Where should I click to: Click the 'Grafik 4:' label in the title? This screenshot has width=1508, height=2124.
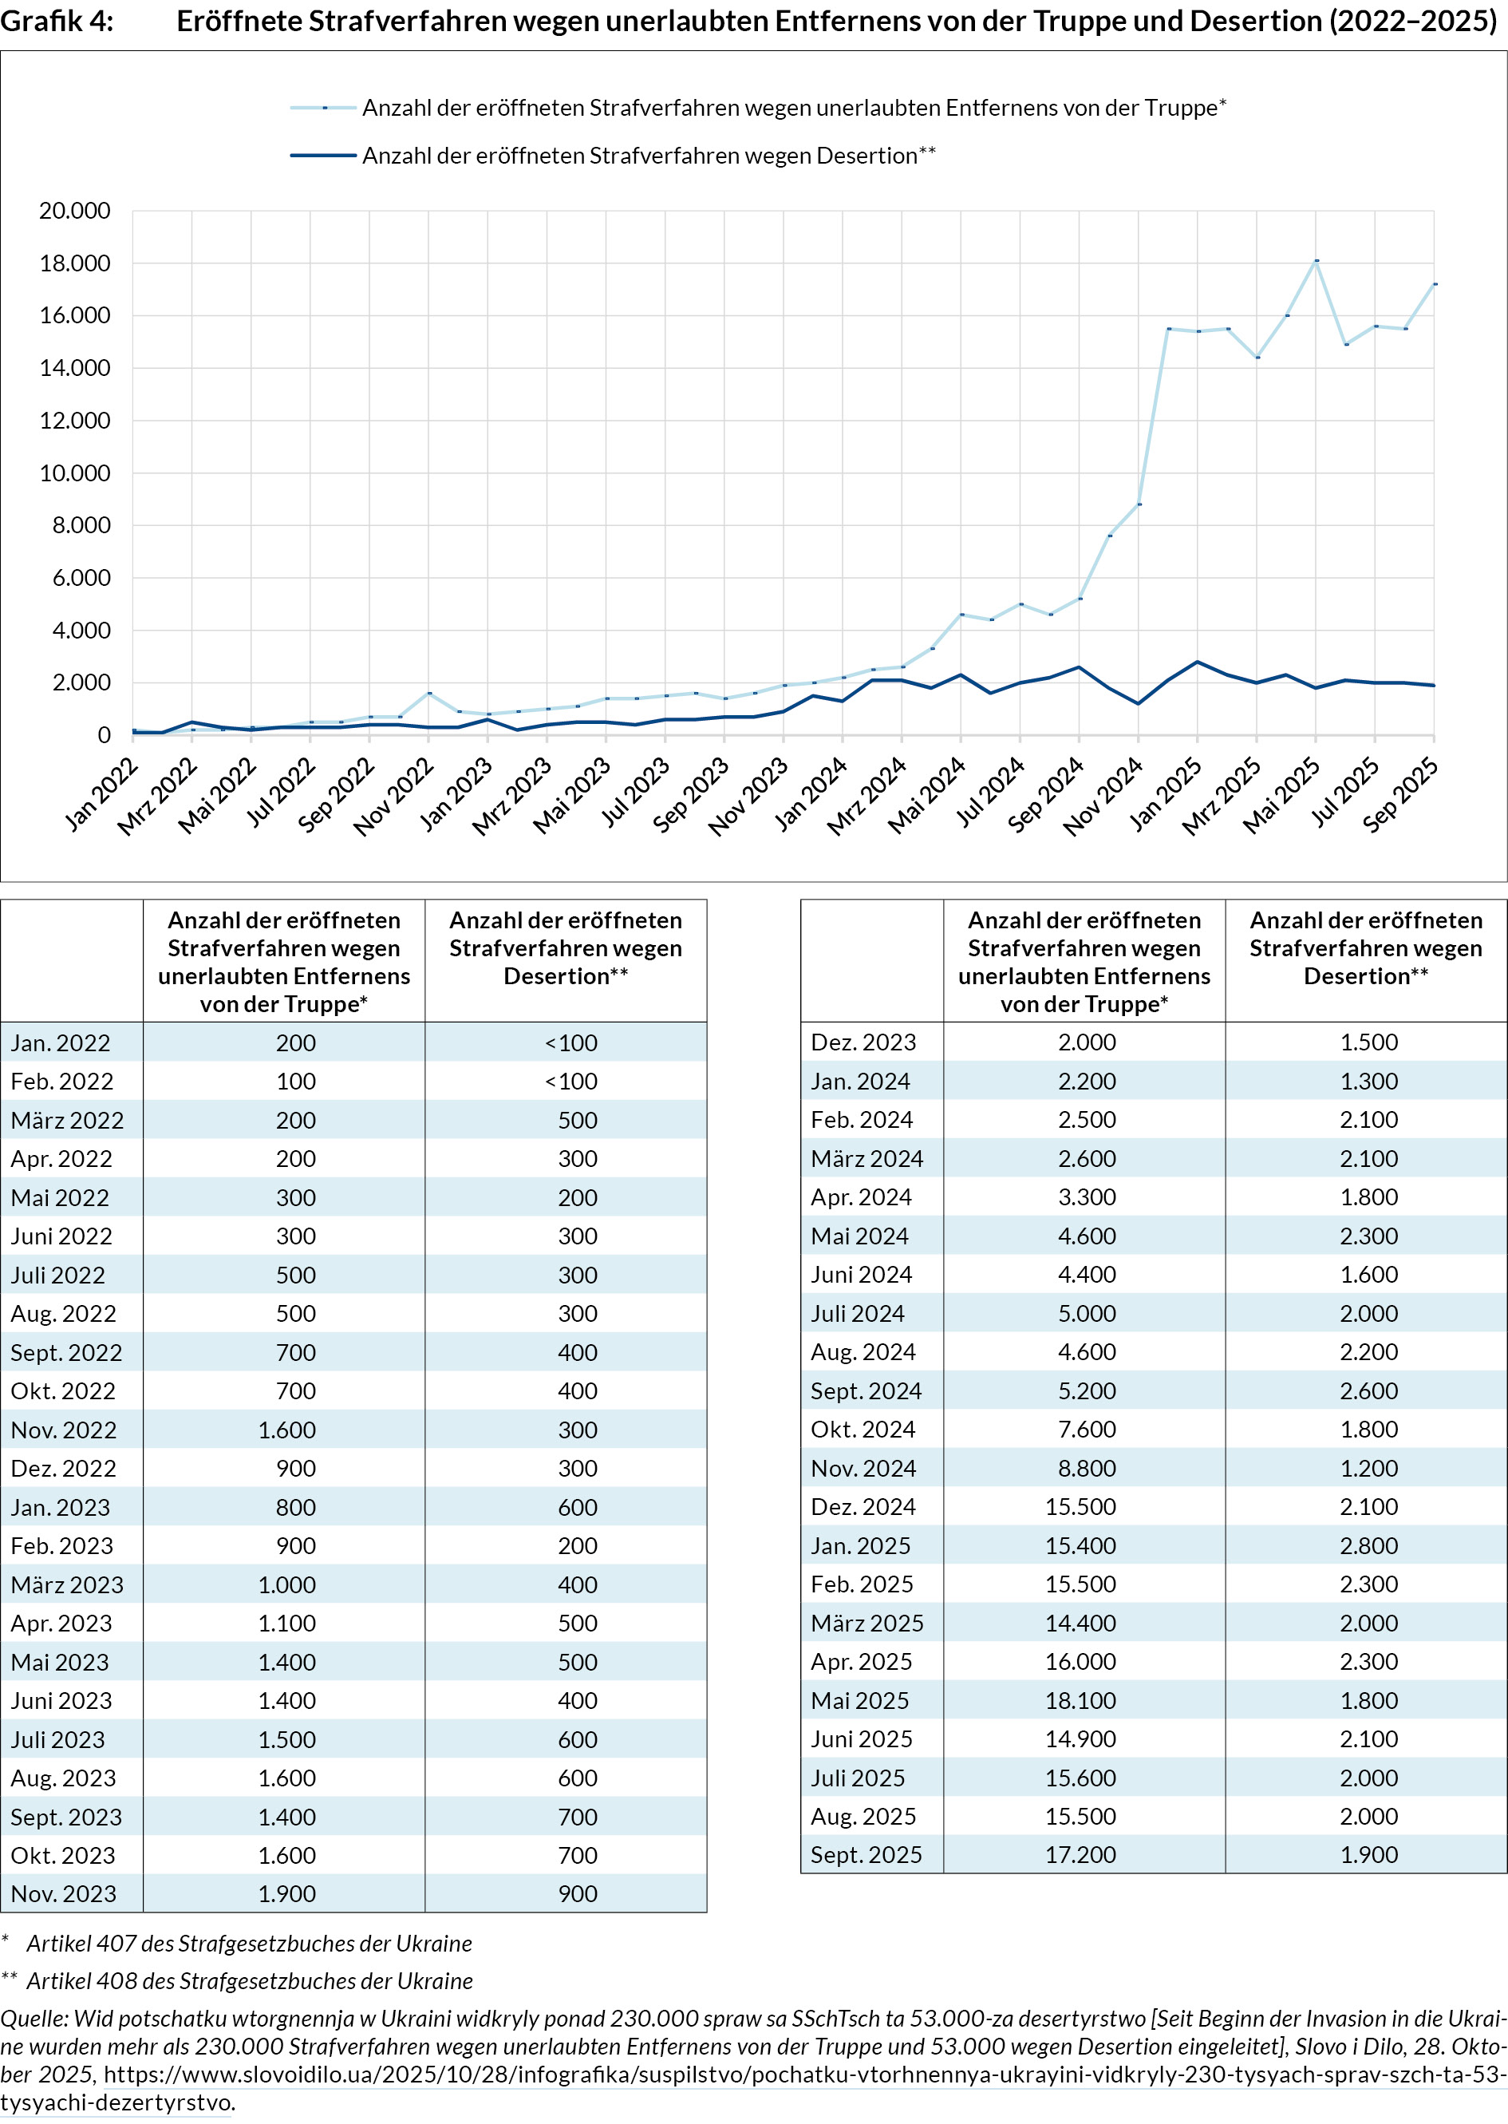(x=57, y=21)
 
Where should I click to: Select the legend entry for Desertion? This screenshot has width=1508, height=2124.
(x=648, y=156)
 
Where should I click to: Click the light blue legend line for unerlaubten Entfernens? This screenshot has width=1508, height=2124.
(x=323, y=108)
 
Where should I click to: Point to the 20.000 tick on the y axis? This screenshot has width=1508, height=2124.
(x=74, y=211)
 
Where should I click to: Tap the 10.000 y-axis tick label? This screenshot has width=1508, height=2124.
(x=74, y=473)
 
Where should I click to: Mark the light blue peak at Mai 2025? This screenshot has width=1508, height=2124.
(x=1317, y=261)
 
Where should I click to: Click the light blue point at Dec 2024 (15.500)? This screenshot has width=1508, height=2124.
(x=1168, y=329)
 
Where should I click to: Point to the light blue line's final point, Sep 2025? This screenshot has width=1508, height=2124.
(x=1435, y=284)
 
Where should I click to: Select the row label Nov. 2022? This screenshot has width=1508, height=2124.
(x=64, y=1430)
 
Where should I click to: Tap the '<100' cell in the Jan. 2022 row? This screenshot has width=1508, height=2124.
(x=571, y=1043)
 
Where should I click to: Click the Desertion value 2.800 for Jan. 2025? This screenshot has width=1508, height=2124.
(x=1368, y=1545)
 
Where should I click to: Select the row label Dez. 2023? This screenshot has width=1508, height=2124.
(x=863, y=1042)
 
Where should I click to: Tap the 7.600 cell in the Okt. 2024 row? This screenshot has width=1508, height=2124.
(x=1087, y=1430)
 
